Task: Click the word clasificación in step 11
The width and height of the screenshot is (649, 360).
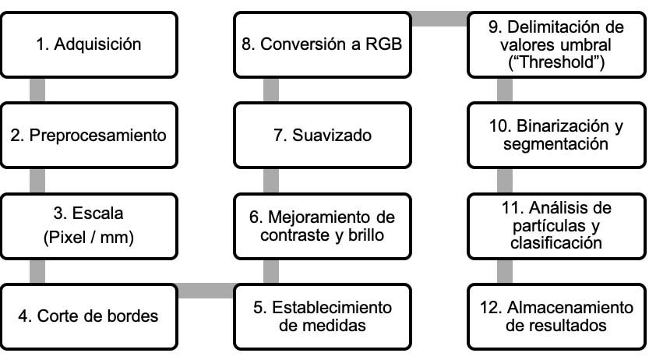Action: (x=556, y=243)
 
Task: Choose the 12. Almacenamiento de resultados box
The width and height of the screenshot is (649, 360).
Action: (x=556, y=316)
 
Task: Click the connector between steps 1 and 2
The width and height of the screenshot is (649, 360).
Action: (x=37, y=90)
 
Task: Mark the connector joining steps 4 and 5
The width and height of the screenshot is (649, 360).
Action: (x=206, y=291)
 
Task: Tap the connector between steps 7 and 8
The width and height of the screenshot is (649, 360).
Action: (x=271, y=90)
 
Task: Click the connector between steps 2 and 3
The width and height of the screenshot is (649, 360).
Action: (x=37, y=181)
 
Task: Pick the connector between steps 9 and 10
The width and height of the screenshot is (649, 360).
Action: (x=506, y=90)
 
